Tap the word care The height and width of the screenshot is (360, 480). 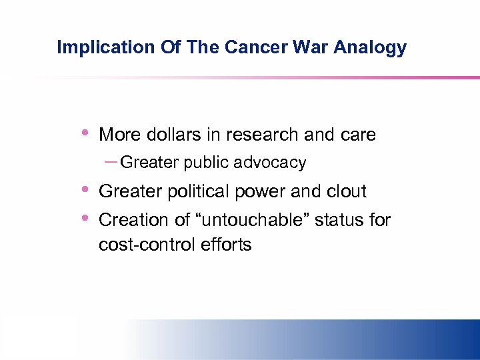[x=357, y=135]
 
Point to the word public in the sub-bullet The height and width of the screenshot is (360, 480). [x=208, y=163]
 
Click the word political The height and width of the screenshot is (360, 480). [x=197, y=192]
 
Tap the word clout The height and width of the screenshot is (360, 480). [x=345, y=191]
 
